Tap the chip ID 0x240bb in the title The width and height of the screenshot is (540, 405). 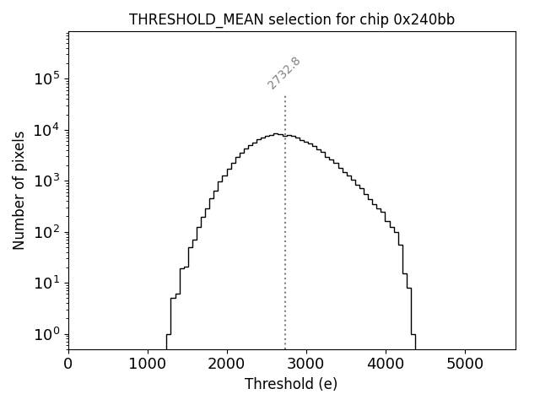click(x=424, y=19)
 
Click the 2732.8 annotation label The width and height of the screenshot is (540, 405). click(x=284, y=73)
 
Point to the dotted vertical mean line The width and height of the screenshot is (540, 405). click(x=285, y=236)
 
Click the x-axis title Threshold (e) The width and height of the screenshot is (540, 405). click(x=291, y=384)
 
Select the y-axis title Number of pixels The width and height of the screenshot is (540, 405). click(x=19, y=190)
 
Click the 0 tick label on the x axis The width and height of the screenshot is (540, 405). click(x=68, y=364)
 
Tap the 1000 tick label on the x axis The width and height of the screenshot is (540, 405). click(x=148, y=364)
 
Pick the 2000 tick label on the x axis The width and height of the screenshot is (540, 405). click(x=227, y=364)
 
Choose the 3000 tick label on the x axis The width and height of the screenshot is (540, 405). click(x=306, y=364)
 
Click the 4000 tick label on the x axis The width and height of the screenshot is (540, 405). click(x=386, y=364)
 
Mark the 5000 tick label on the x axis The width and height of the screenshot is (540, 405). click(x=465, y=364)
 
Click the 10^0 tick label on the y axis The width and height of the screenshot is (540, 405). click(x=47, y=334)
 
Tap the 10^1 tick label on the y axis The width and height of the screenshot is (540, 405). click(x=47, y=283)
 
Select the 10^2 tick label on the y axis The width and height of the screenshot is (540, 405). click(x=47, y=232)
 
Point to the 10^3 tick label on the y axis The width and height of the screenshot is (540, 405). click(x=47, y=181)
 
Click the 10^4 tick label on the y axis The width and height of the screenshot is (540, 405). click(x=47, y=130)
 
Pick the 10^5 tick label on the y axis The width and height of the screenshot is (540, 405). click(x=47, y=78)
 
